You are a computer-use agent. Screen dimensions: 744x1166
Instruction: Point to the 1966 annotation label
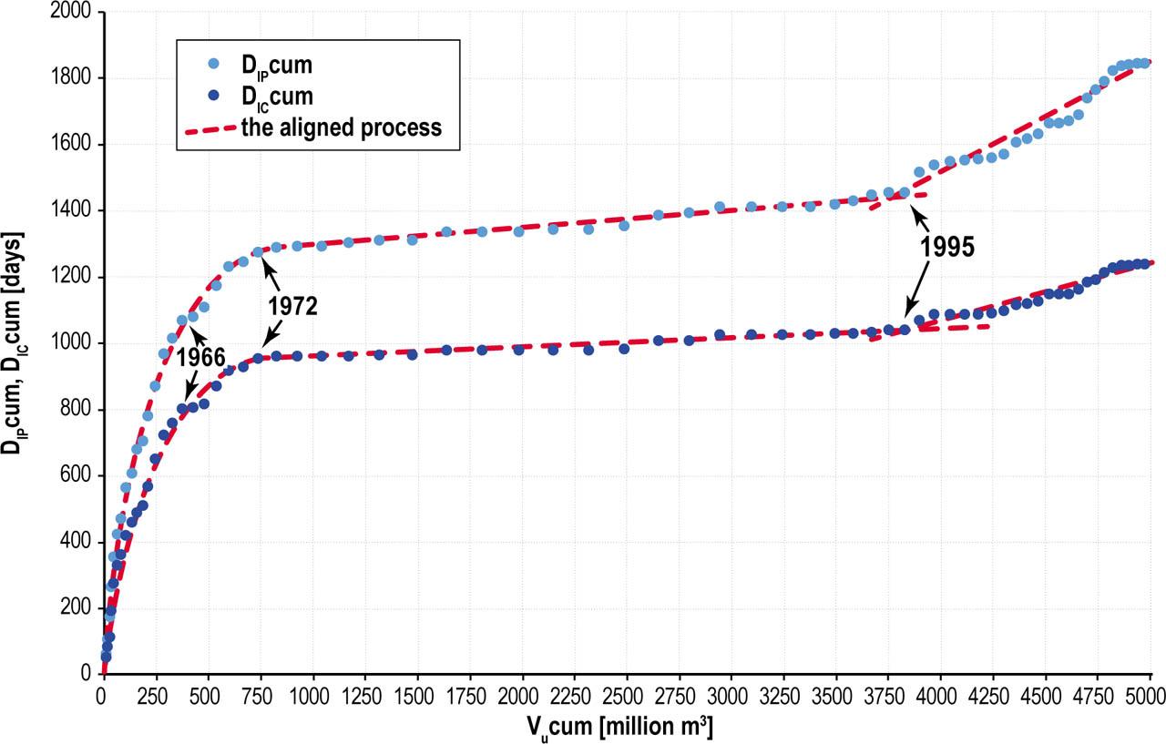[x=200, y=357]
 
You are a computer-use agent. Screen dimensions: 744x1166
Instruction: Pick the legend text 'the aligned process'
[x=341, y=127]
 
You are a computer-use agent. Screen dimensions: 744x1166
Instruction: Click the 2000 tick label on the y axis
[x=75, y=13]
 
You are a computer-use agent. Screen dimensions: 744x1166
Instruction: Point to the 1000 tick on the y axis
[x=75, y=343]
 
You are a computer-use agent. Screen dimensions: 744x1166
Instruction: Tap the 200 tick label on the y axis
[x=79, y=608]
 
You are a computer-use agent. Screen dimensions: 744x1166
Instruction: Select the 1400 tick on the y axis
[x=75, y=211]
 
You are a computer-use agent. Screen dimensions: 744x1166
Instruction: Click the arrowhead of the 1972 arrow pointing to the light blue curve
[x=262, y=259]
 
